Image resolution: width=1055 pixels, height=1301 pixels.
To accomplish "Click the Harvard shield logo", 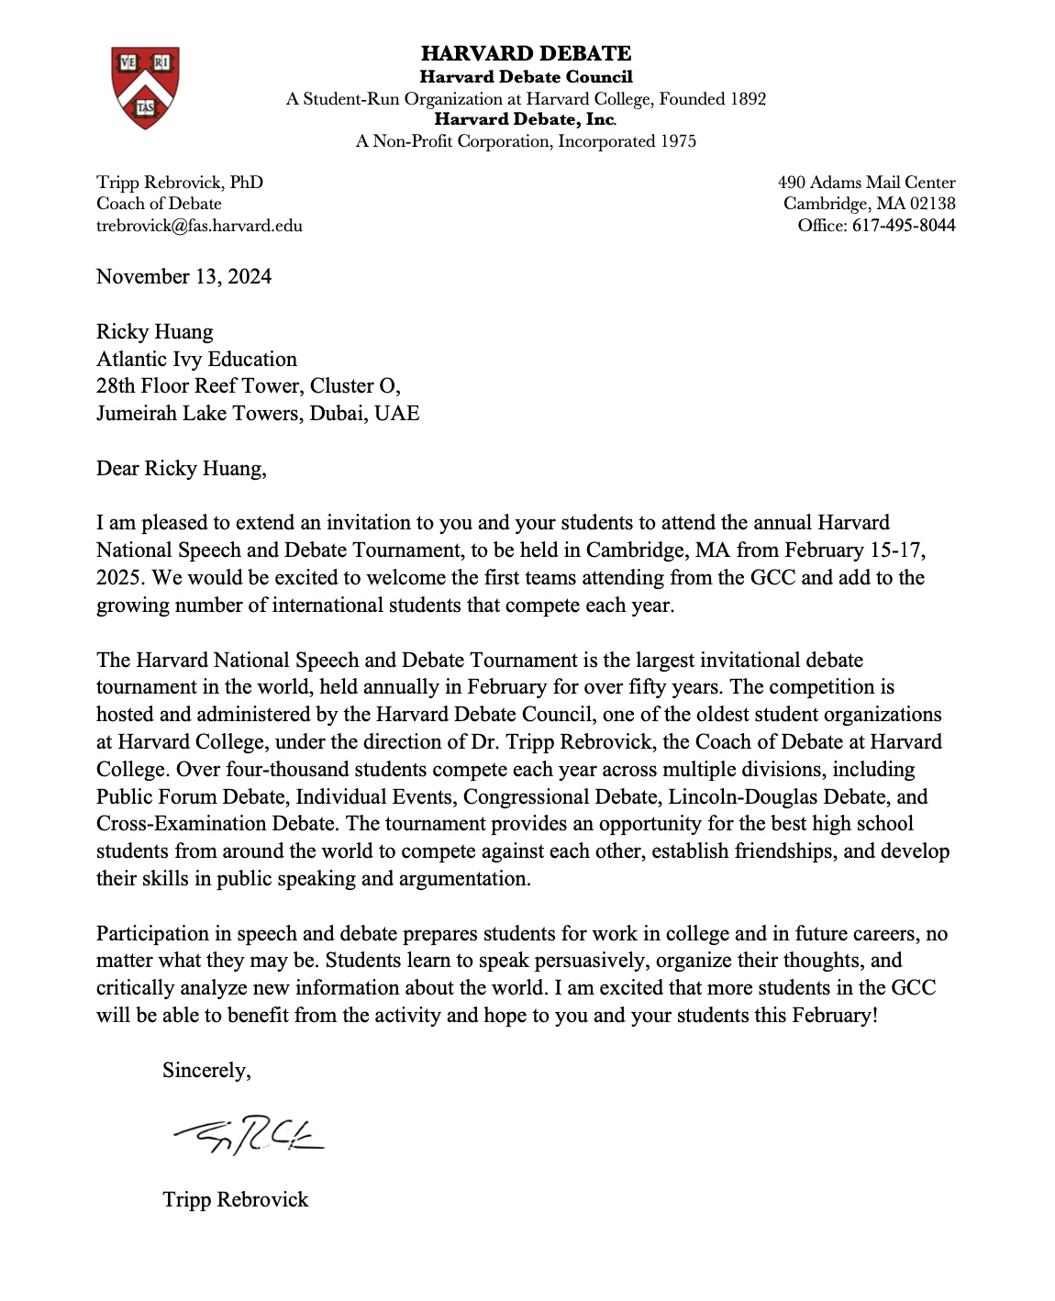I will click(145, 87).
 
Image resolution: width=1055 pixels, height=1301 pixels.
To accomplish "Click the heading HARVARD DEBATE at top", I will click(526, 53).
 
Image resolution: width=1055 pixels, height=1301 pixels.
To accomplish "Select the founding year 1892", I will click(748, 99).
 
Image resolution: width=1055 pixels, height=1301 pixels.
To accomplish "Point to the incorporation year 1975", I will click(678, 141).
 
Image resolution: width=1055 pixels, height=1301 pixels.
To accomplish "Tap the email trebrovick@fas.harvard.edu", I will click(199, 226).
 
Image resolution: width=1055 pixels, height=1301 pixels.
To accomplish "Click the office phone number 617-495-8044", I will click(904, 226).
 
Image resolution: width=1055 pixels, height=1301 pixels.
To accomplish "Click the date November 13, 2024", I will click(183, 277).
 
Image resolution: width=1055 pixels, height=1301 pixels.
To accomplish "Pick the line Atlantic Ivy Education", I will click(196, 360).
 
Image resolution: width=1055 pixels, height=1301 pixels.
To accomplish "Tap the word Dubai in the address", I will click(338, 414).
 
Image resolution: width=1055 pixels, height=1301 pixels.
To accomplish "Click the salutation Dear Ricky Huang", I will click(181, 469).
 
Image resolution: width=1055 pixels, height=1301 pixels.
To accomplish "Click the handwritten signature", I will click(248, 1138).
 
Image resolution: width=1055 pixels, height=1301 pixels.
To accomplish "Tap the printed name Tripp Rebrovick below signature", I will click(235, 1200).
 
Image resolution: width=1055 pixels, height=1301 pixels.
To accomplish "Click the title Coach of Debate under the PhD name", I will click(159, 204).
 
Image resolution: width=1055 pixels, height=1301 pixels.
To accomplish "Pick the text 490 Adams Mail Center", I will click(866, 183).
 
